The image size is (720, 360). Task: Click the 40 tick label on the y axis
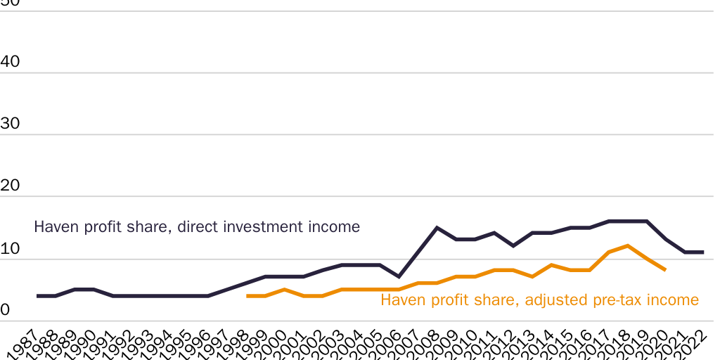(x=11, y=62)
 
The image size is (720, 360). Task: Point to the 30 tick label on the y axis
(x=11, y=124)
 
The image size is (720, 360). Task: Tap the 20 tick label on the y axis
(x=11, y=186)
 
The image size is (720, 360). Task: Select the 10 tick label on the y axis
(x=11, y=248)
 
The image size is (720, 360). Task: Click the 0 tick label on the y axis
(x=5, y=310)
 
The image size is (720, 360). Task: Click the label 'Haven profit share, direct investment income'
(x=197, y=227)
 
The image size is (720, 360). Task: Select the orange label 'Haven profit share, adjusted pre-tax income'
(x=539, y=300)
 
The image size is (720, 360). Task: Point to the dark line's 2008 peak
(x=437, y=227)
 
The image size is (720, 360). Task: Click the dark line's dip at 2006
(x=399, y=276)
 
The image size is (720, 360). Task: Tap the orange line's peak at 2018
(x=627, y=245)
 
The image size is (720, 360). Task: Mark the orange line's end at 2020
(x=665, y=270)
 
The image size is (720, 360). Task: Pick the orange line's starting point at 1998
(x=247, y=296)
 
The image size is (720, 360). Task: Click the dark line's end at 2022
(x=703, y=252)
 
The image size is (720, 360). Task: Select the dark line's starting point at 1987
(x=37, y=296)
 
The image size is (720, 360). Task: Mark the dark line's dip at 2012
(x=513, y=245)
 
